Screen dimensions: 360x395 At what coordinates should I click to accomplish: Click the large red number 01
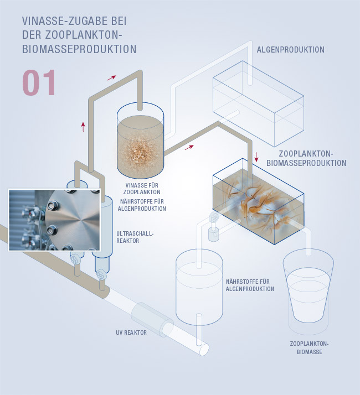click(39, 82)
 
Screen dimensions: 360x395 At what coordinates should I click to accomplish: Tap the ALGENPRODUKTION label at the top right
click(291, 50)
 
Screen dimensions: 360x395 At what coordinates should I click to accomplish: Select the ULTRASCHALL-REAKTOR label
click(135, 237)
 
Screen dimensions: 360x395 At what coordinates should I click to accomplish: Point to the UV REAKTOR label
click(131, 332)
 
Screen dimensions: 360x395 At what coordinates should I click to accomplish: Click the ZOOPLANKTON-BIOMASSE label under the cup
click(309, 347)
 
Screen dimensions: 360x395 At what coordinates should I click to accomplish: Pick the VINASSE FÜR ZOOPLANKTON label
click(142, 189)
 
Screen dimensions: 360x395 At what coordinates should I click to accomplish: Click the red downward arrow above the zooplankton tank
click(256, 157)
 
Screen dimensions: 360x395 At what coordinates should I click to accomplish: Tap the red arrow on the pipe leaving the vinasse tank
click(189, 147)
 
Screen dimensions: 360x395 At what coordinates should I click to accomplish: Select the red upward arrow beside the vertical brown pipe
click(83, 127)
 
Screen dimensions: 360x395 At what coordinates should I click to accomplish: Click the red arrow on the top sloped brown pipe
click(111, 77)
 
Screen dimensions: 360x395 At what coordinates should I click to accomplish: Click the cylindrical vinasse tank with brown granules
click(140, 141)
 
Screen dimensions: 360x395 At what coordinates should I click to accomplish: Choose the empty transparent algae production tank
click(258, 103)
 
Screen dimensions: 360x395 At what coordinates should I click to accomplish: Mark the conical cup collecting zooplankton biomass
click(308, 290)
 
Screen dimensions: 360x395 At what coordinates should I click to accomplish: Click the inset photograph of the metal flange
click(54, 220)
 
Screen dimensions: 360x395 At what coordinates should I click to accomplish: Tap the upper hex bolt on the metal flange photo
click(53, 205)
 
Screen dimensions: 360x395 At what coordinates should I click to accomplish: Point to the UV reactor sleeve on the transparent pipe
click(152, 319)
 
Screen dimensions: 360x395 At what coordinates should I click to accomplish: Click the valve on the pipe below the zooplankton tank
click(214, 217)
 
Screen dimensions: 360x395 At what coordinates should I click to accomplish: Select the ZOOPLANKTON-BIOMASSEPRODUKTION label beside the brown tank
click(306, 158)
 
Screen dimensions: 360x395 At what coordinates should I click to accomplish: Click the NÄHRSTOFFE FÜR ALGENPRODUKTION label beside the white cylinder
click(250, 285)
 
